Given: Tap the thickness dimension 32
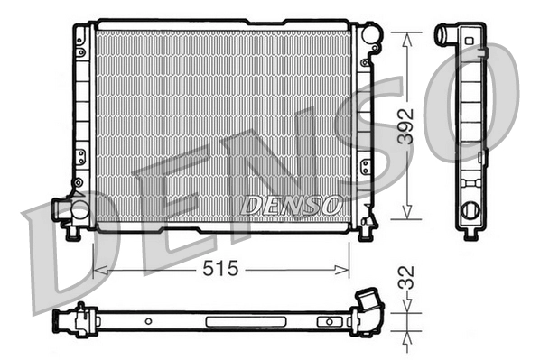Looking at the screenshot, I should [411, 277].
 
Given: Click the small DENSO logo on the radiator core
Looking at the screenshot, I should [291, 206].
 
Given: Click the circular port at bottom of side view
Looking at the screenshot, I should [470, 211].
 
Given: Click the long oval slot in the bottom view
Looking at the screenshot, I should [233, 320].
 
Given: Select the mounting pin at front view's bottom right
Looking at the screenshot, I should [365, 234].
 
